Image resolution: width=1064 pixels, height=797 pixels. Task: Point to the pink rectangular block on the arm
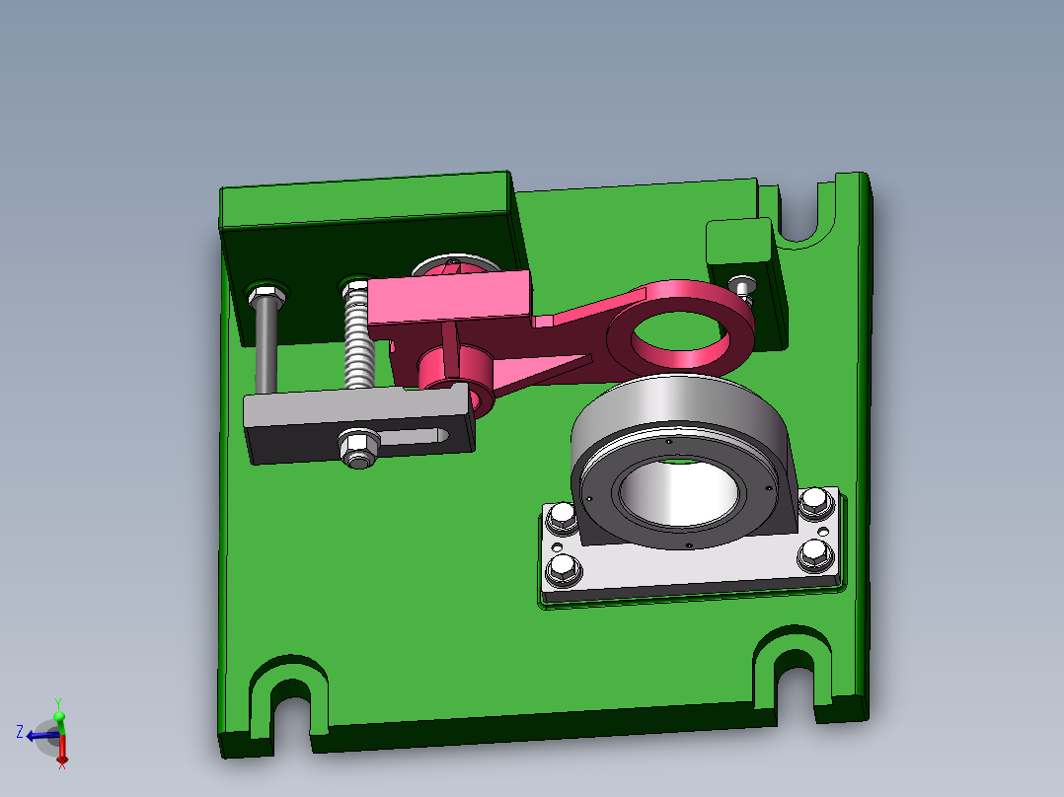(x=450, y=298)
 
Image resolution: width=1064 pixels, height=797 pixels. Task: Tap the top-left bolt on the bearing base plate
(x=562, y=516)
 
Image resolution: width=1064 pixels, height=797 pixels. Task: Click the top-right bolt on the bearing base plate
(x=813, y=501)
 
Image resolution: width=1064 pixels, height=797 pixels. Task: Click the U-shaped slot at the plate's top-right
(x=800, y=213)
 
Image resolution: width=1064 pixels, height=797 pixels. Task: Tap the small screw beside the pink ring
(x=743, y=286)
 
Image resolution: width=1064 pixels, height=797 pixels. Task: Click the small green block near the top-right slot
(x=738, y=241)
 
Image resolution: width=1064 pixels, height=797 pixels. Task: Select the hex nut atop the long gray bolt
(x=265, y=293)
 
